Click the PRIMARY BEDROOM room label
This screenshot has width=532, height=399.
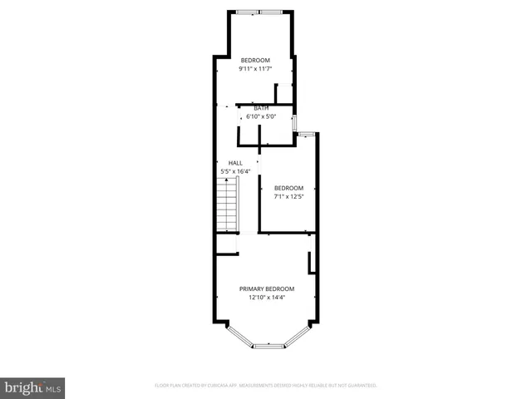pyautogui.click(x=267, y=288)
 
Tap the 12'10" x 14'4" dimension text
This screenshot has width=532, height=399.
pyautogui.click(x=267, y=297)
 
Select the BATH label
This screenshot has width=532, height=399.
pyautogui.click(x=261, y=108)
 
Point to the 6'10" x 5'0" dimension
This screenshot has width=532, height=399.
pyautogui.click(x=261, y=116)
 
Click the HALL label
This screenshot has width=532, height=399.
pyautogui.click(x=235, y=163)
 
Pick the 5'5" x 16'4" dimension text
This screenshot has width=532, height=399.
pyautogui.click(x=235, y=171)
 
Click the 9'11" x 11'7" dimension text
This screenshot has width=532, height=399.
pyautogui.click(x=256, y=69)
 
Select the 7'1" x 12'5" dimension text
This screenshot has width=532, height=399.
pyautogui.click(x=288, y=196)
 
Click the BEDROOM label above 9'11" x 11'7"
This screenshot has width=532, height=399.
pyautogui.click(x=256, y=60)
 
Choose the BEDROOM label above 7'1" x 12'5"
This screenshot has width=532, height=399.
pyautogui.click(x=288, y=188)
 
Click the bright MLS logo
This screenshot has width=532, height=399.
pyautogui.click(x=32, y=388)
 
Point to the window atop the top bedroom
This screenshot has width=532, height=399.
pyautogui.click(x=259, y=12)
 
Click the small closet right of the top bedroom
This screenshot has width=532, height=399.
pyautogui.click(x=284, y=93)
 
